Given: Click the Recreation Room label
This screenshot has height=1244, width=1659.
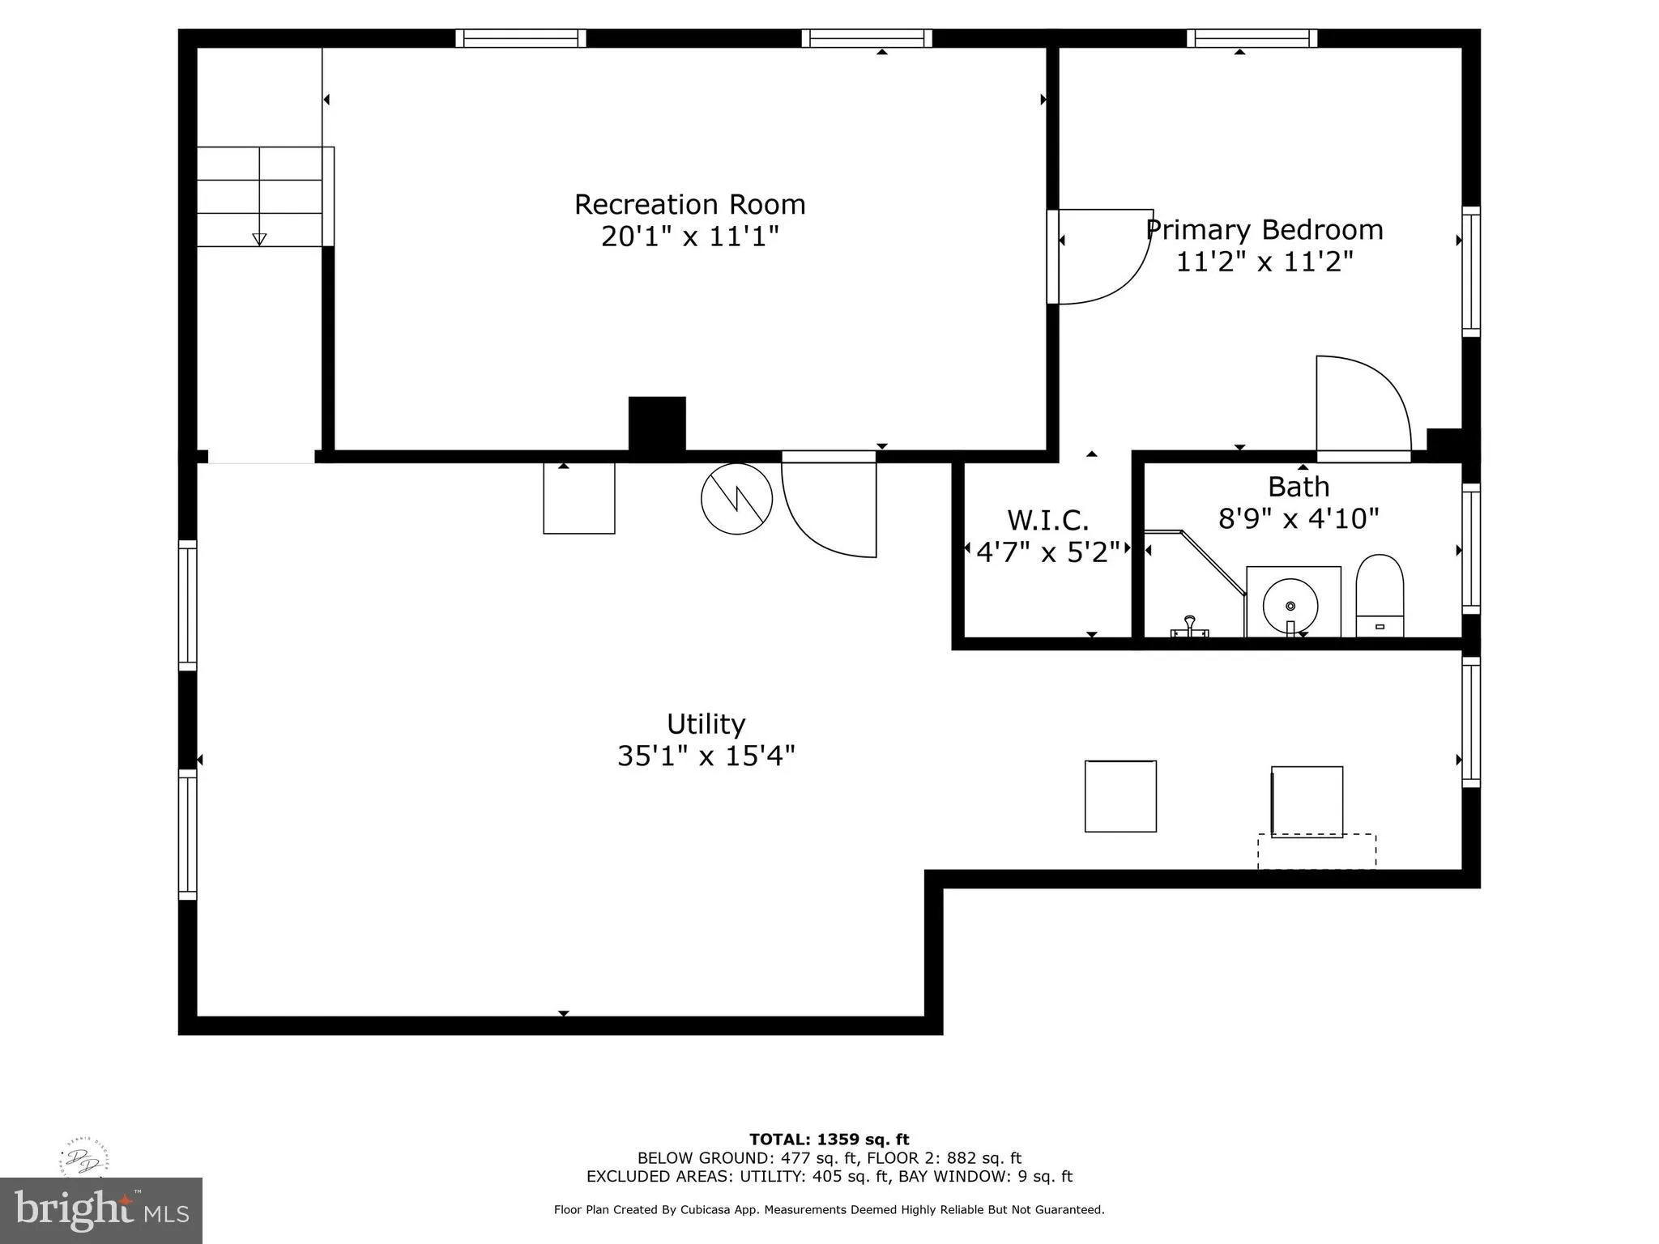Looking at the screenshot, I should click(x=689, y=204).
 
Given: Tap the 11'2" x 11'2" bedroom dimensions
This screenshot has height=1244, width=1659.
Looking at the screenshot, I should click(x=1264, y=262).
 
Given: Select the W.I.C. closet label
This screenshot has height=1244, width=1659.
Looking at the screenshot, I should click(x=1047, y=519).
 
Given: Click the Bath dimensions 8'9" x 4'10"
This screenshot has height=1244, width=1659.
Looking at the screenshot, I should click(x=1298, y=518).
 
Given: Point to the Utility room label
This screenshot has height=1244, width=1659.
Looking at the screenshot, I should click(x=705, y=723).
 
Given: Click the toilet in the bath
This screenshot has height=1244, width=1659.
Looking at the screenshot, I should click(x=1380, y=595).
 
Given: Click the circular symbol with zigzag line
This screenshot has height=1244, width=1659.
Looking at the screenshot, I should click(x=736, y=499).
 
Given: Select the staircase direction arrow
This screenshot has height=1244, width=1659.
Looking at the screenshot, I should click(x=259, y=238).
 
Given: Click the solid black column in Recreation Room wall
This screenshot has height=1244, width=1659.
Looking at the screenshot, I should click(x=657, y=424).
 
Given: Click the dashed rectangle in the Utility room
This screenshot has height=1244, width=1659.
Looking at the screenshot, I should click(x=1316, y=851).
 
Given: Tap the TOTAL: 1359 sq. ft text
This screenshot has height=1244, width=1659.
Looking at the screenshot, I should click(x=829, y=1140).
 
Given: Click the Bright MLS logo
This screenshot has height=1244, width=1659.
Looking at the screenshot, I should click(x=101, y=1210).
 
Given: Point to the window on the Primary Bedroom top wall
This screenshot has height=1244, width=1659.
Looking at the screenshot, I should click(x=1252, y=38).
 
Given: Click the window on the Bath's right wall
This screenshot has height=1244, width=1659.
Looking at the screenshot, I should click(x=1471, y=549).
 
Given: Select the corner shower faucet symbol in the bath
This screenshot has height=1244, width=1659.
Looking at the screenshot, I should click(x=1190, y=628).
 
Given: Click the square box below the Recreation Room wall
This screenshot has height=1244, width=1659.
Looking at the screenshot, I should click(x=578, y=498).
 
